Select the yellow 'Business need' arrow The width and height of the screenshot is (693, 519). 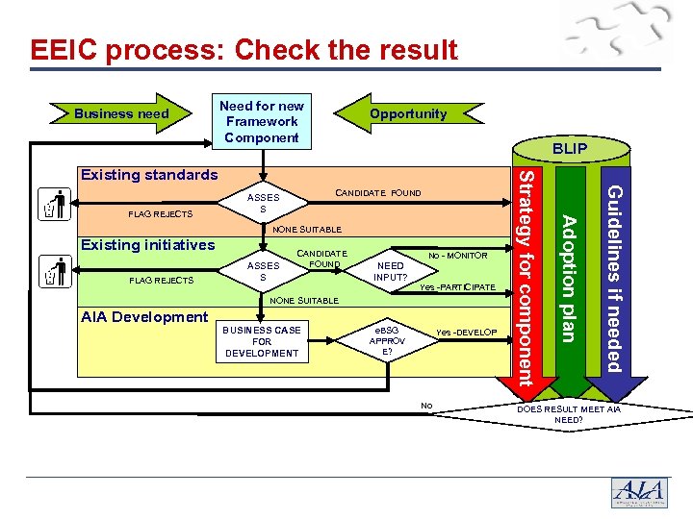pyautogui.click(x=121, y=113)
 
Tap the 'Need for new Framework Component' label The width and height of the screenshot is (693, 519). pyautogui.click(x=262, y=122)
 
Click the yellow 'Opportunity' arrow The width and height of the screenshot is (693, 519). pyautogui.click(x=408, y=113)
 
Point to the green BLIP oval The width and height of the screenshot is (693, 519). pyautogui.click(x=569, y=149)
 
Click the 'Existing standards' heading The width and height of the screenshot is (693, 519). pyautogui.click(x=149, y=175)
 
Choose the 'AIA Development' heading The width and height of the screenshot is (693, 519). pyautogui.click(x=144, y=316)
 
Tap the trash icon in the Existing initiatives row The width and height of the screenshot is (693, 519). pyautogui.click(x=55, y=272)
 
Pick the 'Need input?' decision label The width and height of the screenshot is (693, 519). pyautogui.click(x=391, y=272)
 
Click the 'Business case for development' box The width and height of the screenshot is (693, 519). pyautogui.click(x=262, y=341)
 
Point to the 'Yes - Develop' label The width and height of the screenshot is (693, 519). pyautogui.click(x=467, y=333)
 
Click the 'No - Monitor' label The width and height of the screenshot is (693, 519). pyautogui.click(x=458, y=256)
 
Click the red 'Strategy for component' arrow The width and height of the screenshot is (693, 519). pyautogui.click(x=526, y=279)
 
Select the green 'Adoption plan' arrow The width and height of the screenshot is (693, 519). pyautogui.click(x=570, y=279)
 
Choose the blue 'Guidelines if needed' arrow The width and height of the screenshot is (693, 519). pyautogui.click(x=613, y=279)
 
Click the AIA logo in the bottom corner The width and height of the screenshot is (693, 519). pyautogui.click(x=639, y=491)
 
